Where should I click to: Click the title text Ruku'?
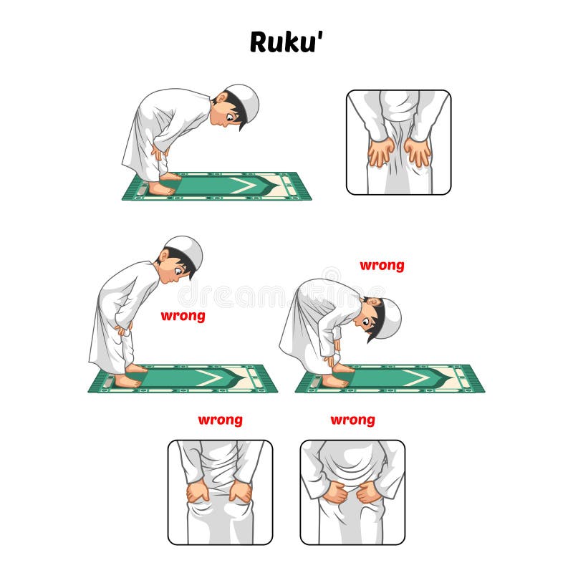coord(286,42)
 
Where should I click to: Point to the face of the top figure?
coord(231,115)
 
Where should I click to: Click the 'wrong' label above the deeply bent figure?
coord(382,266)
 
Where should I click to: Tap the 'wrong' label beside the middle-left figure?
coord(183,316)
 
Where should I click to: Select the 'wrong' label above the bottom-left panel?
coord(220,420)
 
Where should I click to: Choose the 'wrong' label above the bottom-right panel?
coord(352,420)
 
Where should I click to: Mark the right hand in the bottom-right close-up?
coord(370,493)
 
